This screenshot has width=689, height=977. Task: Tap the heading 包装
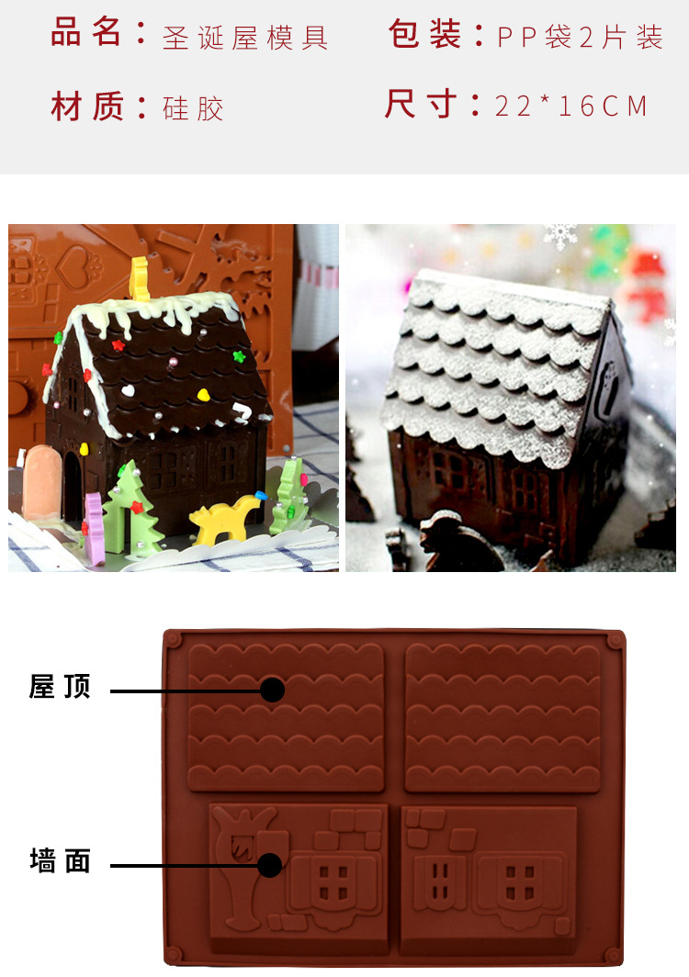click(424, 35)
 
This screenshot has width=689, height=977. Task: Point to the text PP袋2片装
click(580, 38)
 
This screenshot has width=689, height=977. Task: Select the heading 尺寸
click(420, 105)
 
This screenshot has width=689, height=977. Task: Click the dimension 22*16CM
click(571, 107)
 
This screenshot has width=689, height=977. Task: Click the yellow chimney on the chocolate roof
click(140, 278)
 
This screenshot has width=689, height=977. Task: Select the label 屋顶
click(61, 687)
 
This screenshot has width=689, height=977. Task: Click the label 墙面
click(61, 861)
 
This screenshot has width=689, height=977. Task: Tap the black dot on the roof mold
click(272, 690)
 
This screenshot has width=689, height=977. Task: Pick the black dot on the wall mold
click(269, 865)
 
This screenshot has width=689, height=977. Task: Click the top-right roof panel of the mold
click(503, 716)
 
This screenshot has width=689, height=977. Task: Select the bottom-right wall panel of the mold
click(489, 877)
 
